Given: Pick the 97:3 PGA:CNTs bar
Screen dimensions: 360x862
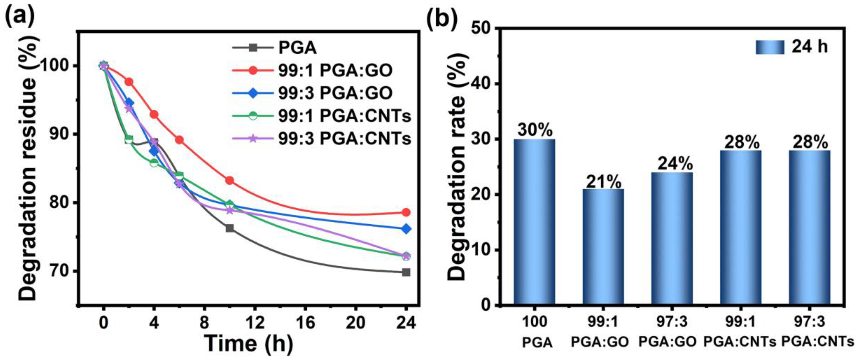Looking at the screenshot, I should tap(810, 228).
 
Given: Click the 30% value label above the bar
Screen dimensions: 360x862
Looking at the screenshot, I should tap(535, 129).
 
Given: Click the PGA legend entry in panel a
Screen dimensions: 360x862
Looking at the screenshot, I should tap(274, 48).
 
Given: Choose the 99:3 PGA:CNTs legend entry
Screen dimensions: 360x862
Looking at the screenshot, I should tap(321, 138).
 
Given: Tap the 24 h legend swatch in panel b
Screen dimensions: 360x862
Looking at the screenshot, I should tap(770, 47).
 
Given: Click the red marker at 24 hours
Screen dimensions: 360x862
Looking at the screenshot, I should tap(406, 212).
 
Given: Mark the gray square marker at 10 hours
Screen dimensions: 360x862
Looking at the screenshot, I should tap(230, 228).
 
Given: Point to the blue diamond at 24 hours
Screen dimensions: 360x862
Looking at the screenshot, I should tap(406, 229).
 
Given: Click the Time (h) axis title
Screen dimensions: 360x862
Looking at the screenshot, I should tap(249, 343).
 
